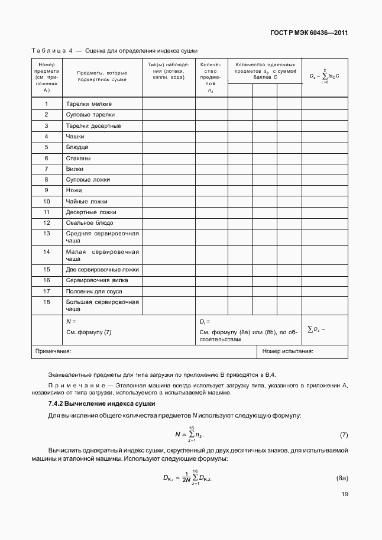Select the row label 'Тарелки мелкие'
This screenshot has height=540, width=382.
point(89,104)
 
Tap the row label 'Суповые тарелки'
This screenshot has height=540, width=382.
point(90,114)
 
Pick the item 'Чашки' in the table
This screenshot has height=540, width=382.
point(75,136)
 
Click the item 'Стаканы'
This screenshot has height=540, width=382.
point(78,158)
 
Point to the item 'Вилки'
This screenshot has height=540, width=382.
point(75,169)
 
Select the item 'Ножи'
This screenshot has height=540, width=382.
point(74,190)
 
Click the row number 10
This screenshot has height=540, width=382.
point(46,201)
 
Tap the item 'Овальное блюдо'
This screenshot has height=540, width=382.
point(89,223)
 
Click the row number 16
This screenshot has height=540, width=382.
point(46,280)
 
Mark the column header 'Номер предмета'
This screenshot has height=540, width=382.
point(46,77)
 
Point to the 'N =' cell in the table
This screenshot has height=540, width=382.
point(72,321)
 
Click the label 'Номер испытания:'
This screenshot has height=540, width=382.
point(287,351)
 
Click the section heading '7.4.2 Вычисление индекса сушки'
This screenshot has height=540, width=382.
point(101,403)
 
